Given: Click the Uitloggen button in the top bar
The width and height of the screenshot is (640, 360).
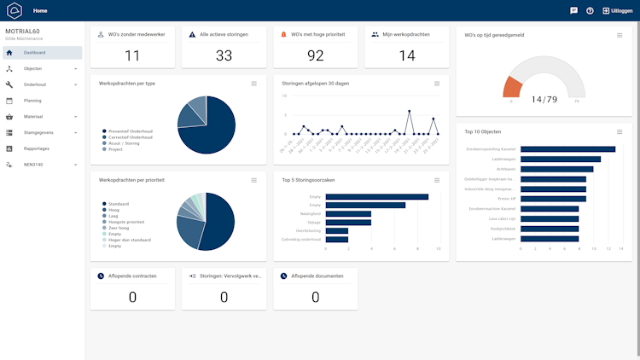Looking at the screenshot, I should coord(618,10).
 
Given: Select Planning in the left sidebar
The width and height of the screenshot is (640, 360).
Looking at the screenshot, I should coord(32,100).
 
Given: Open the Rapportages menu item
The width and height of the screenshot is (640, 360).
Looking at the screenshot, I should coord(37,148).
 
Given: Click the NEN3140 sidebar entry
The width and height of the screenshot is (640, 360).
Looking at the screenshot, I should coord(34,164).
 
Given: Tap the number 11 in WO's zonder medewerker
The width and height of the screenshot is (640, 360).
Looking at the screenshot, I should coord(132,55).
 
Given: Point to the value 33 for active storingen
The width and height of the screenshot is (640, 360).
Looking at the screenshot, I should coord(224,55).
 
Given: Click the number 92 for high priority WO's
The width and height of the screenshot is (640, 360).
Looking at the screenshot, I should coord(316,55).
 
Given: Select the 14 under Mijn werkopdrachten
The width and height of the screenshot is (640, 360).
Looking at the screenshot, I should coord(407,55).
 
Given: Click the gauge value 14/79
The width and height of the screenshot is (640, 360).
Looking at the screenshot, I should coord(544,100).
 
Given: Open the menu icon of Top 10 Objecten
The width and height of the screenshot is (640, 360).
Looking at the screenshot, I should coord(620,131).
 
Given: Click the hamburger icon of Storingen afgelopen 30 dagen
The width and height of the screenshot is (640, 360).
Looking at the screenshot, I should coord(437,83).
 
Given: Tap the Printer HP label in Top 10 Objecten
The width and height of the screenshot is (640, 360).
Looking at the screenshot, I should coord(504,198).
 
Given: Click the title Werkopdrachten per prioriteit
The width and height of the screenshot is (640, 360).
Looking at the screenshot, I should coord(131,180).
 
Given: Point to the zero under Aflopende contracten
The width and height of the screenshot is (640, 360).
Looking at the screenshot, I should coord(132,297).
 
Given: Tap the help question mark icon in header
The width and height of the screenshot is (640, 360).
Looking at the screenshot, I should coord(590,10).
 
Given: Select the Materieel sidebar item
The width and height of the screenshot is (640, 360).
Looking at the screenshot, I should coord(33,116).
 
